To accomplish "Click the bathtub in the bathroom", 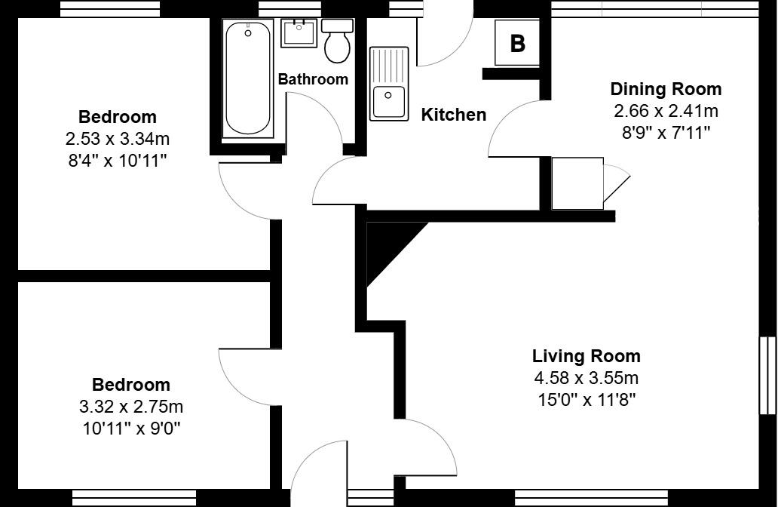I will pyautogui.click(x=247, y=79).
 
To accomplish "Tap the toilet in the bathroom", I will pyautogui.click(x=337, y=41).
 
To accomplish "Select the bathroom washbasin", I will pyautogui.click(x=299, y=33).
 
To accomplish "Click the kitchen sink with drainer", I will pyautogui.click(x=389, y=83).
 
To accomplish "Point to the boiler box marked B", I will pyautogui.click(x=517, y=43).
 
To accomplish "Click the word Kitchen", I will pyautogui.click(x=453, y=115).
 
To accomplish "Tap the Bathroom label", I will pyautogui.click(x=313, y=79).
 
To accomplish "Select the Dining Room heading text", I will pyautogui.click(x=666, y=89).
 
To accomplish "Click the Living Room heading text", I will pyautogui.click(x=586, y=356).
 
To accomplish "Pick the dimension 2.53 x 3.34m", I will pyautogui.click(x=117, y=139).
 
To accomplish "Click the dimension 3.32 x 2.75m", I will pyautogui.click(x=131, y=407).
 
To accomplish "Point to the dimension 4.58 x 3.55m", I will pyautogui.click(x=586, y=378).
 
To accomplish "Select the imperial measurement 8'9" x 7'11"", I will pyautogui.click(x=666, y=133).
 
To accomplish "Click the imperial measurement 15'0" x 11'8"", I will pyautogui.click(x=586, y=399).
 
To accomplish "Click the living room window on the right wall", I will pyautogui.click(x=767, y=375).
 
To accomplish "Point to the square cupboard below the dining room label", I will pyautogui.click(x=577, y=183).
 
